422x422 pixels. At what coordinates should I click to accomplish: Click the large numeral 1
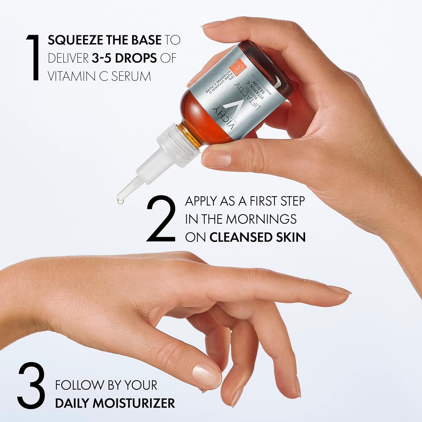(x=33, y=58)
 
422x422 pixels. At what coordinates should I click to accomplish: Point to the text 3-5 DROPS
(x=124, y=58)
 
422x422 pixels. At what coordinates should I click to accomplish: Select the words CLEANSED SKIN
(x=257, y=237)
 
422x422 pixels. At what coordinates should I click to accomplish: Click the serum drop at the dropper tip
(x=120, y=201)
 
